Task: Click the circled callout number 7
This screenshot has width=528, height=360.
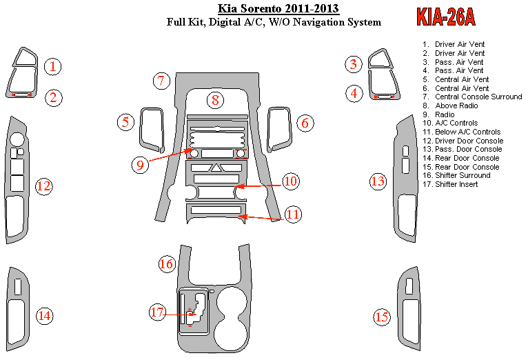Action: [161, 81]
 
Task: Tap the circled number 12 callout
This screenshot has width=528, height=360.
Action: [44, 186]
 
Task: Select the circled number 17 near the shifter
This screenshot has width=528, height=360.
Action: [158, 312]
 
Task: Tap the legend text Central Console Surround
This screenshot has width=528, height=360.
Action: [478, 97]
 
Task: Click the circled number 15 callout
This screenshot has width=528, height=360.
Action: [382, 317]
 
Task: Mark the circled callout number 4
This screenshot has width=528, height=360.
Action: [354, 92]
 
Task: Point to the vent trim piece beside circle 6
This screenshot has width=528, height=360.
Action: [278, 129]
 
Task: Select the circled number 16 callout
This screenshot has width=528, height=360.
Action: [167, 263]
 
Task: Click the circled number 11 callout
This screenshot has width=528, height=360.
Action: [293, 214]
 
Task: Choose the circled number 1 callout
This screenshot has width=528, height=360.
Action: [53, 66]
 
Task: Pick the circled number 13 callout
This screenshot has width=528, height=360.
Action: [378, 182]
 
